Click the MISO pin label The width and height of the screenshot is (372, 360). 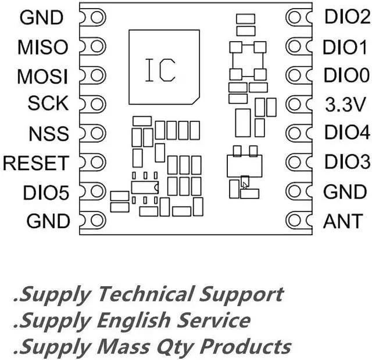(x=42, y=46)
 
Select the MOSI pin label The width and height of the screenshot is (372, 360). (x=42, y=76)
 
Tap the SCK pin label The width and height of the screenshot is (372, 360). (x=48, y=105)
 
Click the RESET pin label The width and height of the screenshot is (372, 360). (x=35, y=163)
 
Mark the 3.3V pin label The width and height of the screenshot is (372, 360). (x=345, y=105)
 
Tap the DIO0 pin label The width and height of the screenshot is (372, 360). (x=346, y=75)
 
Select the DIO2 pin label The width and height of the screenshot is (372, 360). (x=346, y=17)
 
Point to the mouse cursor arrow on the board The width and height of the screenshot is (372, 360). (x=245, y=184)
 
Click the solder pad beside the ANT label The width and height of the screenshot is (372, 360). (x=296, y=220)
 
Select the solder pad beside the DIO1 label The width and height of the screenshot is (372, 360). (x=296, y=46)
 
